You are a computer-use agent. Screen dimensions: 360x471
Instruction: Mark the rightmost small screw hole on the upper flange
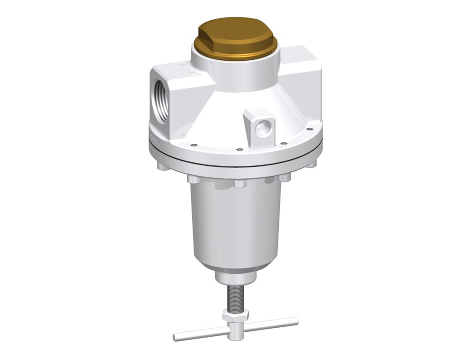click(x=309, y=130)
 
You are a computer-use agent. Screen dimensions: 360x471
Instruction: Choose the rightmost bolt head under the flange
click(x=311, y=164)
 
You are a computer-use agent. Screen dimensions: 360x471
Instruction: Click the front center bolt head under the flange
click(x=240, y=183)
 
